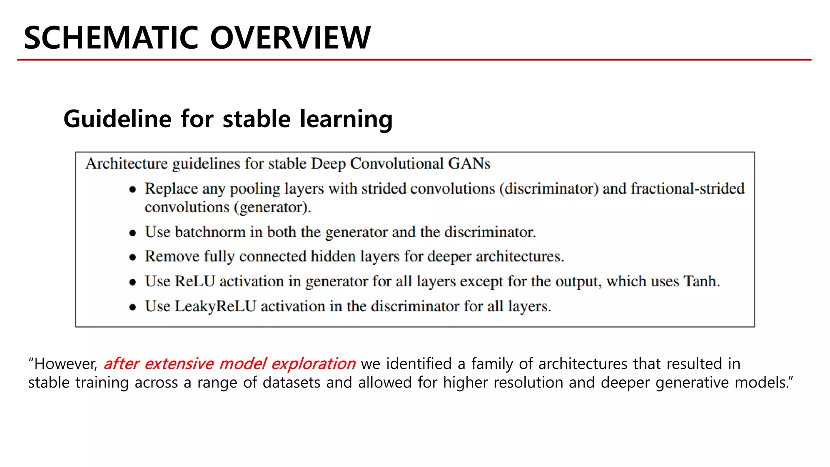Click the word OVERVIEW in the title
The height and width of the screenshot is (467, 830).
pyautogui.click(x=290, y=38)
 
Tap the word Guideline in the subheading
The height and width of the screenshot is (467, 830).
pyautogui.click(x=118, y=119)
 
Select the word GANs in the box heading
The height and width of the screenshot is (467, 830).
pyautogui.click(x=469, y=164)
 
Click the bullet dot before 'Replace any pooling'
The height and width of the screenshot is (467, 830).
pyautogui.click(x=133, y=189)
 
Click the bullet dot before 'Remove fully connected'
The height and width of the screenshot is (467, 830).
pyautogui.click(x=133, y=257)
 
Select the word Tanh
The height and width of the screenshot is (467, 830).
pyautogui.click(x=702, y=281)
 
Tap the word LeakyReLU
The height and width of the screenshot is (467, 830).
pyautogui.click(x=215, y=306)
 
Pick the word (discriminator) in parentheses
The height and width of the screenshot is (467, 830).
pyautogui.click(x=549, y=189)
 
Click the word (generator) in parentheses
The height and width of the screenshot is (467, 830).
pyautogui.click(x=272, y=208)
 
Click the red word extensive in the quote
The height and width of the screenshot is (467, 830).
pyautogui.click(x=179, y=364)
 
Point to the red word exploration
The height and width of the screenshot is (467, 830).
pyautogui.click(x=313, y=364)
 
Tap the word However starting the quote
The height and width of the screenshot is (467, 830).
pyautogui.click(x=64, y=364)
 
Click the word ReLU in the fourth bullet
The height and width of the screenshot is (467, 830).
pyautogui.click(x=195, y=281)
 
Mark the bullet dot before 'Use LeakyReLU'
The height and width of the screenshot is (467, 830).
pyautogui.click(x=133, y=307)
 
